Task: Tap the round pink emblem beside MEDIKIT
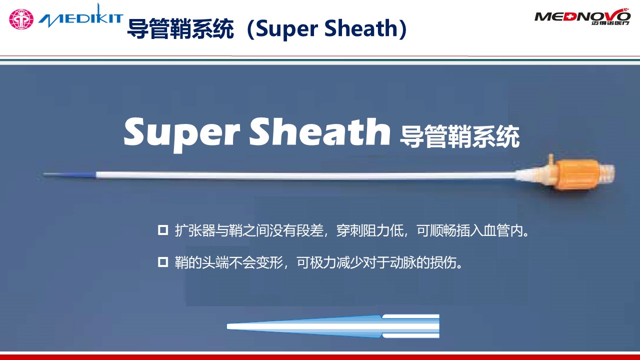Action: coord(21,19)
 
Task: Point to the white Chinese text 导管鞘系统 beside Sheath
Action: coord(459,136)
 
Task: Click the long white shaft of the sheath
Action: coord(300,175)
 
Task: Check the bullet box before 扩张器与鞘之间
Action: coord(162,230)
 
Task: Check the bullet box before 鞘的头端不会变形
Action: coord(162,262)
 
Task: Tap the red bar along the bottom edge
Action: coord(320,356)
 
